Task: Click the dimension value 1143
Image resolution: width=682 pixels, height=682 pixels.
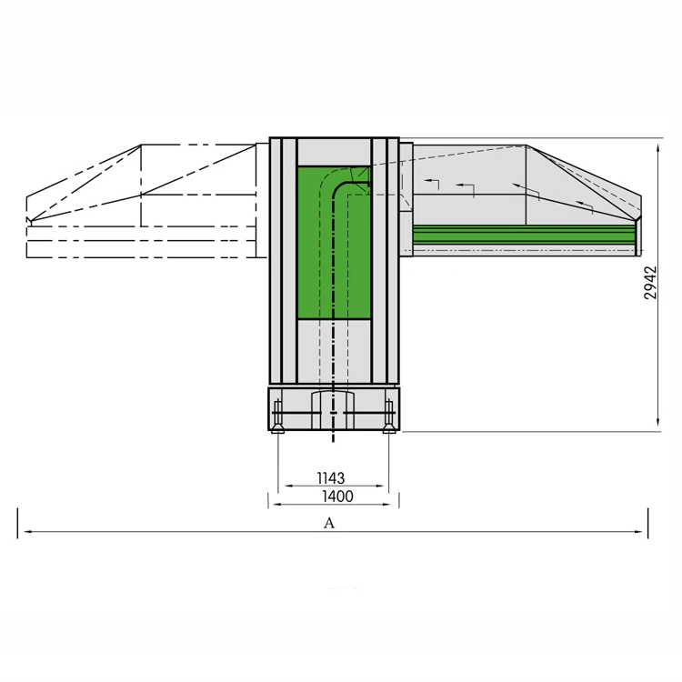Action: pos(331,477)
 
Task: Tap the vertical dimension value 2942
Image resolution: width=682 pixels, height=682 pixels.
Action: pos(650,282)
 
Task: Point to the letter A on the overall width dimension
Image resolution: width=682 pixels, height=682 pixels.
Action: pos(329,523)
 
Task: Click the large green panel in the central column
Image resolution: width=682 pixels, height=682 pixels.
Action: pos(314,264)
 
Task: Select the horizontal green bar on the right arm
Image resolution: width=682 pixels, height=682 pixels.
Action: pos(523,235)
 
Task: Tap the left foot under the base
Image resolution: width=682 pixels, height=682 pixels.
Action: pos(277,428)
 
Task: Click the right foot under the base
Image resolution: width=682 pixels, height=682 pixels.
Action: pos(388,428)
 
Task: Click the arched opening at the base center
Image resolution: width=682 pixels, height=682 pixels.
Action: pos(329,405)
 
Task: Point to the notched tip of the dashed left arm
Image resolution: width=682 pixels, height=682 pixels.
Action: pos(30,219)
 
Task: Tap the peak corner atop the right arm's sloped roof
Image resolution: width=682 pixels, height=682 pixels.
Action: pos(527,146)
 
